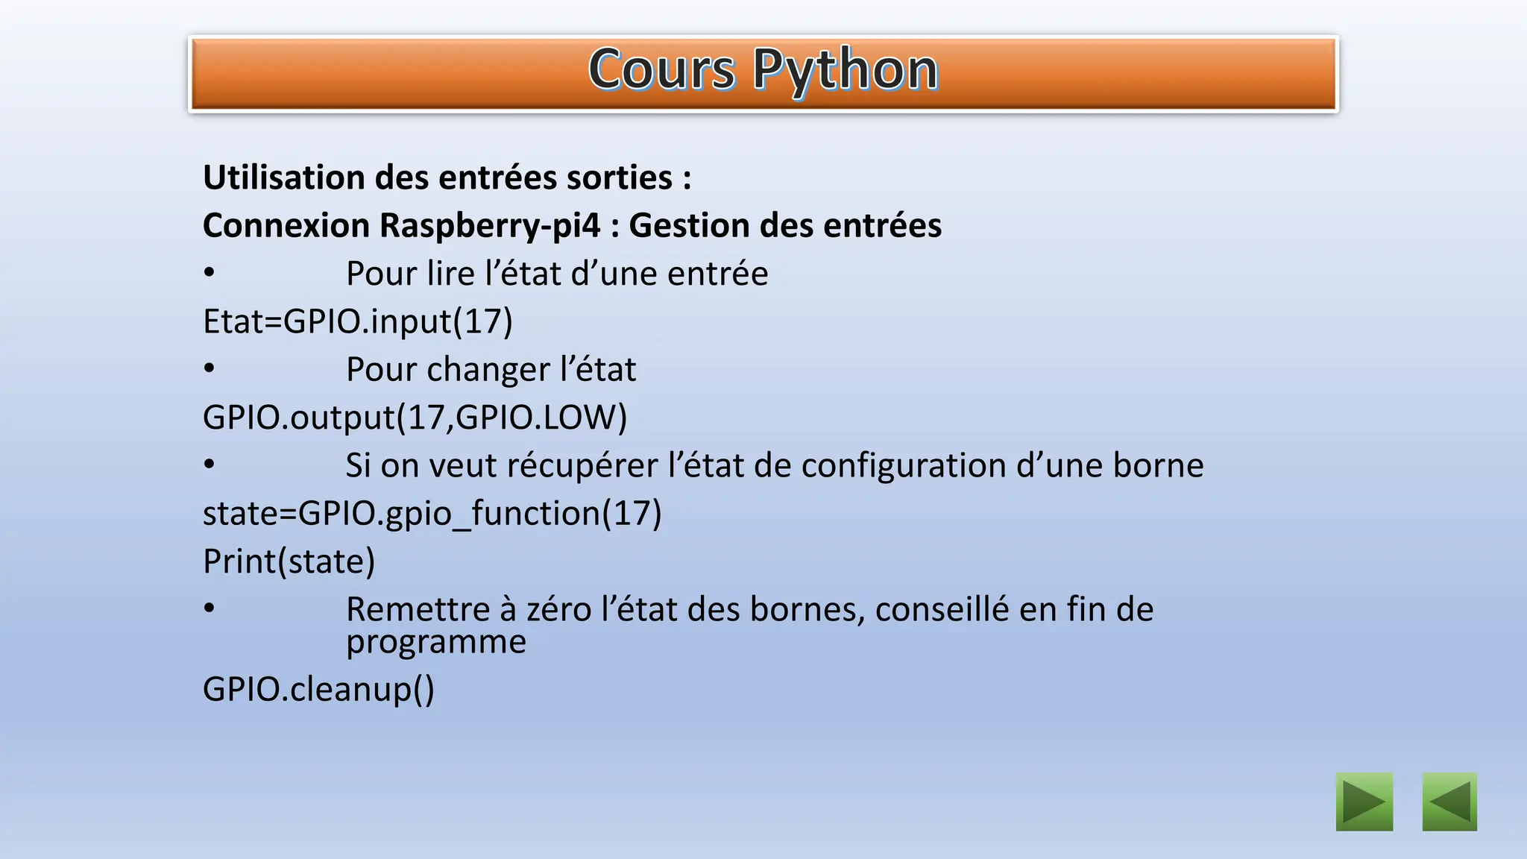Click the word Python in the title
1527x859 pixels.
[x=845, y=71]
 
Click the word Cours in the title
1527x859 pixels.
[x=661, y=71]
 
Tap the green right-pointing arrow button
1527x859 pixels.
[x=1364, y=802]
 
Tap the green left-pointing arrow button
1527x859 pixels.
[x=1449, y=802]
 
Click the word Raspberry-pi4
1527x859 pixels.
[x=489, y=225]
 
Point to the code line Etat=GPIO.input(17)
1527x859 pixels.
[x=358, y=321]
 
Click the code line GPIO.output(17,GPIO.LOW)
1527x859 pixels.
[x=415, y=417]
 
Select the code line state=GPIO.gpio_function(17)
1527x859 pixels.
[x=432, y=513]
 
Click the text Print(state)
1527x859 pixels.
[x=289, y=561]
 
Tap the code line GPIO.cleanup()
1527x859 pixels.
[x=318, y=688]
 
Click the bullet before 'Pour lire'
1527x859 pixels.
[x=210, y=273]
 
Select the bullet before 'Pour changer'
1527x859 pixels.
[x=210, y=368]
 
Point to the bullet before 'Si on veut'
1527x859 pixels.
[x=210, y=465]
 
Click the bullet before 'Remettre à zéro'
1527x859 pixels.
[x=210, y=608]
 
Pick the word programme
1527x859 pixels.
[x=436, y=642]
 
